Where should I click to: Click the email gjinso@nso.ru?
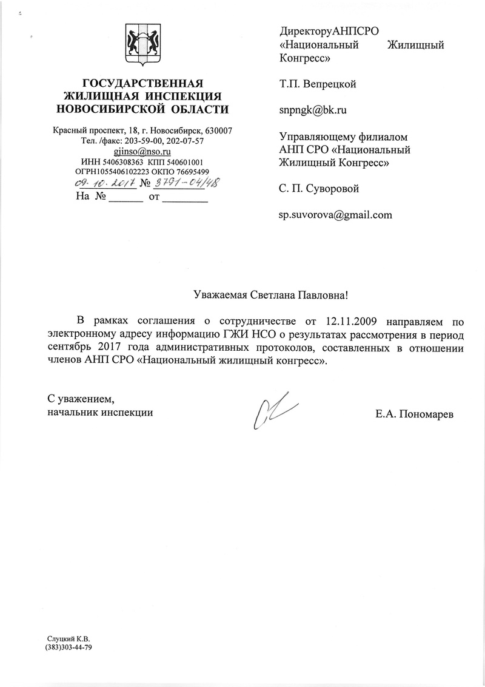(x=142, y=152)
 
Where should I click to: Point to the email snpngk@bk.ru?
(x=312, y=110)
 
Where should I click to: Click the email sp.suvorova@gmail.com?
(x=335, y=214)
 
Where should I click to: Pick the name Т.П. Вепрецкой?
(x=318, y=84)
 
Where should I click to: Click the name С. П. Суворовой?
(x=319, y=188)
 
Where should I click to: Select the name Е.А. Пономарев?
(x=414, y=415)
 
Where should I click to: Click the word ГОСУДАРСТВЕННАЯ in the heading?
(x=142, y=83)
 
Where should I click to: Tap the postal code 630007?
(x=220, y=131)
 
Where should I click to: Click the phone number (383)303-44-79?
(x=69, y=648)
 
